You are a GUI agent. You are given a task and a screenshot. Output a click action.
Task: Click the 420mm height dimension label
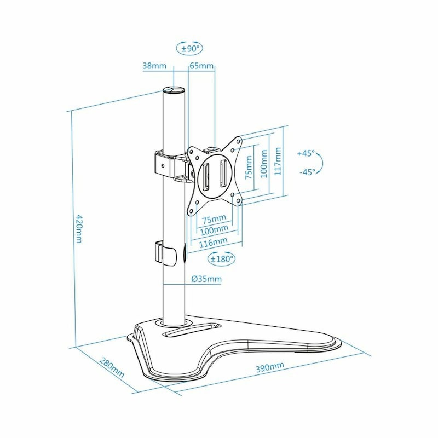[79, 228]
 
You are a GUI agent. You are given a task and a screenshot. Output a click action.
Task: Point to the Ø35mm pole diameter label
[206, 279]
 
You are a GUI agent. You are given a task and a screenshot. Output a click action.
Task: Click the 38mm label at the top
[154, 66]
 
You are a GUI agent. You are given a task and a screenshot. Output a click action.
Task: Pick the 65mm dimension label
[201, 66]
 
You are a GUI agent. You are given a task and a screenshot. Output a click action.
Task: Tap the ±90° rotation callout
[189, 49]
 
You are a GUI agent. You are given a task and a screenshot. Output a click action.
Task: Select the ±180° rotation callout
[222, 258]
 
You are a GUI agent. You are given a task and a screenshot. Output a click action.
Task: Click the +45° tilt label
[306, 153]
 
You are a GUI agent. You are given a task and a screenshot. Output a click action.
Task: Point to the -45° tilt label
[307, 172]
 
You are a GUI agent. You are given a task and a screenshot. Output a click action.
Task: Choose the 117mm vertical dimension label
[278, 162]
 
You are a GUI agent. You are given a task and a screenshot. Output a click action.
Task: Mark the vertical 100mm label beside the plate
[264, 164]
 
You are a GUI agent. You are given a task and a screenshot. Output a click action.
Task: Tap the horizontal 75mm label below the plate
[214, 219]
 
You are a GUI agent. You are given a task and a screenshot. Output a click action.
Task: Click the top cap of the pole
[174, 90]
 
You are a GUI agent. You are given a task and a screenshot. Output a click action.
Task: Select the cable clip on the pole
[166, 252]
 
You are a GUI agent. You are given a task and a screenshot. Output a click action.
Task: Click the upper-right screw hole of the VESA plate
[238, 141]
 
